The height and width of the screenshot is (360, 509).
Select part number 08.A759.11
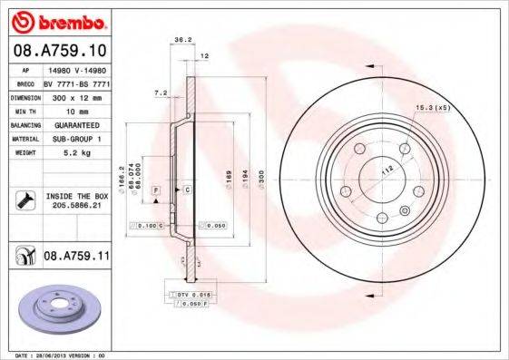[76, 258]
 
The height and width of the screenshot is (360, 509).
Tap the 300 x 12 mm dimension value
[75, 95]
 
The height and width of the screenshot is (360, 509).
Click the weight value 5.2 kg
[75, 153]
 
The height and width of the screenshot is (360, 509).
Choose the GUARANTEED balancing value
[75, 124]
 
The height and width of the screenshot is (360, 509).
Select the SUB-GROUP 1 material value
[75, 139]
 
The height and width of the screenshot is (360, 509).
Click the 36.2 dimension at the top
[181, 39]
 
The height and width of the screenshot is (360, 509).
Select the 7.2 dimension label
[162, 92]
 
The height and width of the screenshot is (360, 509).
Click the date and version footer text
[54, 355]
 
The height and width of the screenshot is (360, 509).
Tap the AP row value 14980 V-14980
[75, 67]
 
